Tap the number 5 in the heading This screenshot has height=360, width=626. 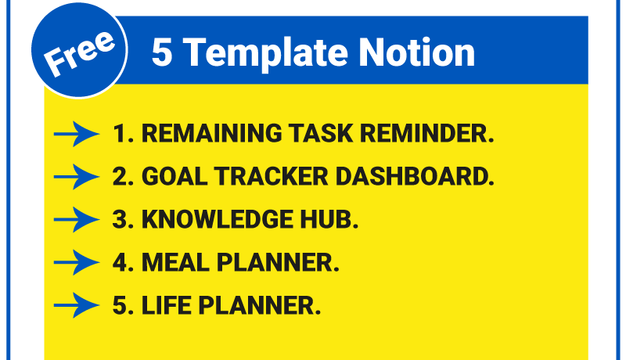pyautogui.click(x=161, y=53)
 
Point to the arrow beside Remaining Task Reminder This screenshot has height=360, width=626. pyautogui.click(x=77, y=135)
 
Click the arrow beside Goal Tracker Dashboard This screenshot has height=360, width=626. pyautogui.click(x=77, y=178)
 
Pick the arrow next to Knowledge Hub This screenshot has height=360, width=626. pyautogui.click(x=77, y=220)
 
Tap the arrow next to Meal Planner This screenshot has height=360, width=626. pyautogui.click(x=77, y=262)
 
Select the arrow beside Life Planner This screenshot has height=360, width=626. pyautogui.click(x=77, y=304)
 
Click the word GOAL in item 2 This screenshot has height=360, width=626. pyautogui.click(x=170, y=177)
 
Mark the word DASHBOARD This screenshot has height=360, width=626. pyautogui.click(x=412, y=177)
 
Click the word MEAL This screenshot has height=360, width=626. pyautogui.click(x=171, y=261)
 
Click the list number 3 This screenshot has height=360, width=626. pyautogui.click(x=120, y=219)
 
